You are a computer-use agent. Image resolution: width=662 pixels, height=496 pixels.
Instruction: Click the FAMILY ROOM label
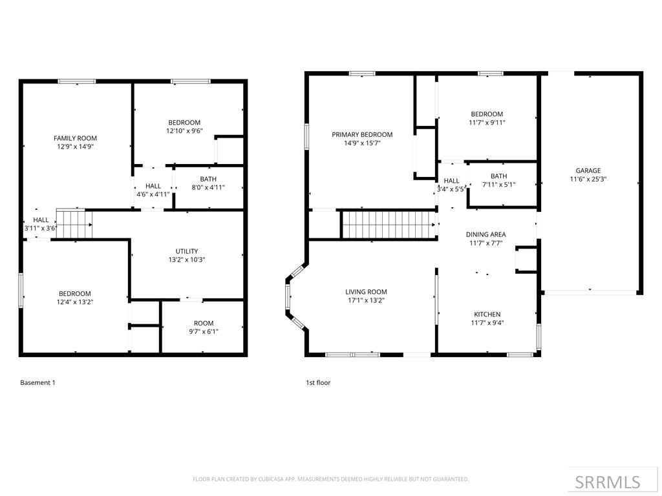point(75,138)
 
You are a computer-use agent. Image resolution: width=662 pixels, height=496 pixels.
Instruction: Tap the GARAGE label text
point(588,171)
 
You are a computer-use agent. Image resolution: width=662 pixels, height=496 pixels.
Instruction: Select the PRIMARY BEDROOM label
point(362,135)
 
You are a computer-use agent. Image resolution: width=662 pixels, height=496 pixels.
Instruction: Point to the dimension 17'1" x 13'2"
point(366,300)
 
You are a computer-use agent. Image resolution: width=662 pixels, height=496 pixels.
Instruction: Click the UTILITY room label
point(187,251)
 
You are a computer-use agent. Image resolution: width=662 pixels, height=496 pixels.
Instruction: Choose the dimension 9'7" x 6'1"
point(203,332)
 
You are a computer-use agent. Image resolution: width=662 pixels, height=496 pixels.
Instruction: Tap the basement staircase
point(74,223)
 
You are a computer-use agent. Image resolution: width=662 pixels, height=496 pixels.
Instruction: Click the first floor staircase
point(388,225)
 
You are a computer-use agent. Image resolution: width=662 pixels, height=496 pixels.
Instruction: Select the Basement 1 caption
point(37,383)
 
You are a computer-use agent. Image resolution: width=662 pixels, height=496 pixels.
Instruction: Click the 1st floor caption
point(318,383)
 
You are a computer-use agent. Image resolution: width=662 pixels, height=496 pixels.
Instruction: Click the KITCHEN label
point(487,315)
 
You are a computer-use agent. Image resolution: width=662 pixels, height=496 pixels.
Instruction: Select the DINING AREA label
point(486,234)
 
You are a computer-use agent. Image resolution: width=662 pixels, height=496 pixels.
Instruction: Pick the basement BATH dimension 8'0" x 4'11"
point(208,188)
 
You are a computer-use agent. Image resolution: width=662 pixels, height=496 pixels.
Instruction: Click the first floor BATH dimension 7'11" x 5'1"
point(498,185)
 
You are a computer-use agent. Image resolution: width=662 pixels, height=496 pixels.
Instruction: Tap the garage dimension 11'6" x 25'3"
point(588,180)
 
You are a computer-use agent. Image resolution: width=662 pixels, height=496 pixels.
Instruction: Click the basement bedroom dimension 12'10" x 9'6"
point(184,131)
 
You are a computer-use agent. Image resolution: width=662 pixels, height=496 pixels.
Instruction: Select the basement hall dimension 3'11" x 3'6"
point(41,228)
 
